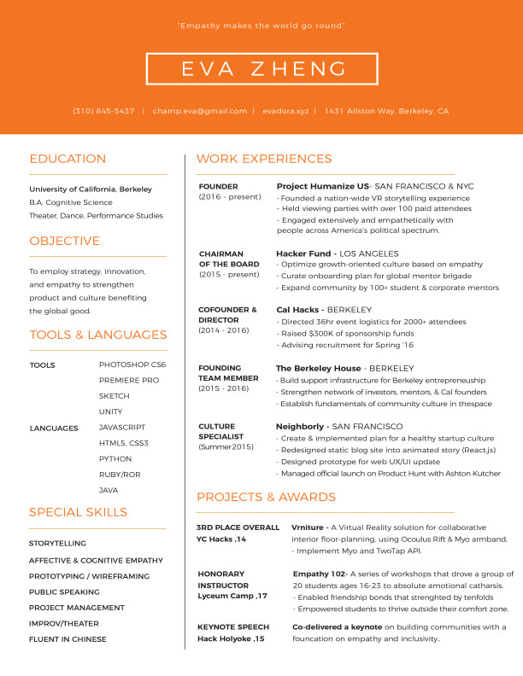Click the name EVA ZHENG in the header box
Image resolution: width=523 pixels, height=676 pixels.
click(261, 69)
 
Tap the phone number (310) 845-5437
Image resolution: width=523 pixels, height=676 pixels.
click(103, 111)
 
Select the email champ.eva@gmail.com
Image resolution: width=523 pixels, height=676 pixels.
click(200, 111)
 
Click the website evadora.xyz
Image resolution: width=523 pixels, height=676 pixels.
click(285, 111)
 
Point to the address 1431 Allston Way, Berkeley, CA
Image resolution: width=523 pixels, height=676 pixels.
click(386, 111)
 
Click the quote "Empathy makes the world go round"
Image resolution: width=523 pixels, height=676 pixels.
click(261, 26)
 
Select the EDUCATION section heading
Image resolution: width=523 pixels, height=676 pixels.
click(68, 159)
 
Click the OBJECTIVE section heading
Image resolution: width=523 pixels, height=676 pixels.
click(65, 241)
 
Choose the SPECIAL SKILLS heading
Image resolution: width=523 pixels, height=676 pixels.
click(78, 512)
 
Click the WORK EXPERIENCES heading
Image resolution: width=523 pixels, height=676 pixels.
click(264, 159)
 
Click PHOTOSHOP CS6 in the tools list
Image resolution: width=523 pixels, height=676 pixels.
click(132, 364)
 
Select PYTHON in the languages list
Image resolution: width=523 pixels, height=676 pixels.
click(115, 458)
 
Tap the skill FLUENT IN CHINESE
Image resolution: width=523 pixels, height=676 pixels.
click(68, 638)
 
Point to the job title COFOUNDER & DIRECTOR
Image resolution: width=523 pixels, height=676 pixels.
click(227, 315)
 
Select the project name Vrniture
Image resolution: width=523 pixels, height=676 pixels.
click(309, 527)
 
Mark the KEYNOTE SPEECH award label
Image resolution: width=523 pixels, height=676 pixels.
click(232, 626)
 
